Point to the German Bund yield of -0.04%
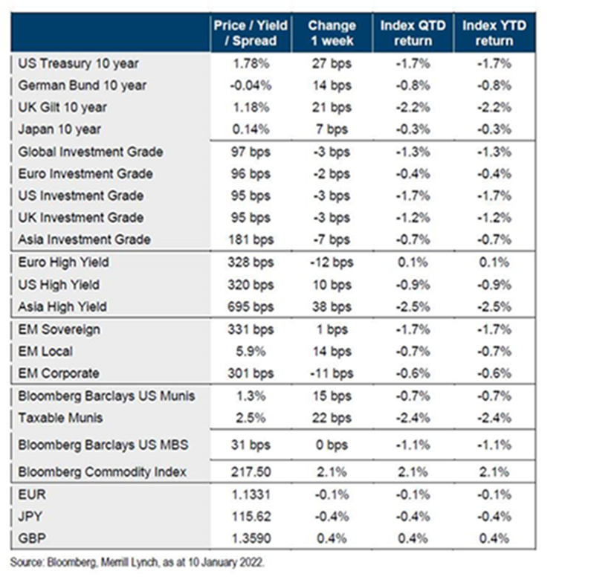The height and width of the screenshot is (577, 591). point(251,86)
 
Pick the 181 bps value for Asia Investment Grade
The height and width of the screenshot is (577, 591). point(251,239)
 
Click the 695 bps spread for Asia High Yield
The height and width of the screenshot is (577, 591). point(251,306)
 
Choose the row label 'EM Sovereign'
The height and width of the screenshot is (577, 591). point(59,329)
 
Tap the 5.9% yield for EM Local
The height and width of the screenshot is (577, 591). point(251,351)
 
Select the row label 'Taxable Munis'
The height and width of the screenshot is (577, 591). point(62,418)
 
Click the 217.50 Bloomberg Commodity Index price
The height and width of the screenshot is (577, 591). point(251,471)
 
